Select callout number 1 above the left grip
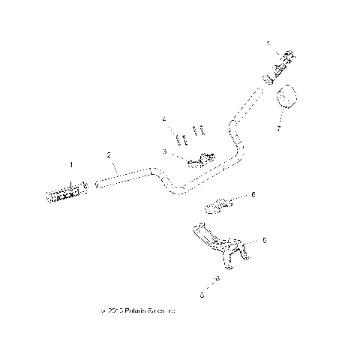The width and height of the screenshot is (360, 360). click(71, 163)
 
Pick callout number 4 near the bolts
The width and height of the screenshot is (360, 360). click(163, 119)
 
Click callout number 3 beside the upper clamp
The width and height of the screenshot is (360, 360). click(163, 151)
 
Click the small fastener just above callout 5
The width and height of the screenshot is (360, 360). click(217, 278)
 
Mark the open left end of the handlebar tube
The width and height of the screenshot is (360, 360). click(97, 184)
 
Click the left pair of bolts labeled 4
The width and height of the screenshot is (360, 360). click(179, 138)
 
